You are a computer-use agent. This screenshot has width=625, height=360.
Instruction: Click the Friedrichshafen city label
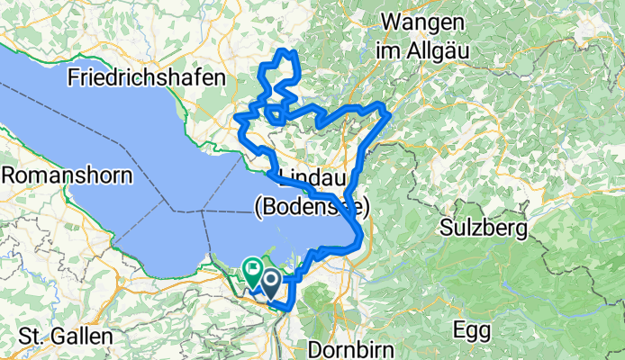pos(146,78)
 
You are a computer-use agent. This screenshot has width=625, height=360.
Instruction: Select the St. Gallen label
pos(68,337)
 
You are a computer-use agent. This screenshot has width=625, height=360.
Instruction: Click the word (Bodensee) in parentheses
pos(312,207)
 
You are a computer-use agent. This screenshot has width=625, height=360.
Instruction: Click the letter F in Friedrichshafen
pos(73,78)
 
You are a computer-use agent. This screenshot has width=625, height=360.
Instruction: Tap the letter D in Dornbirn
pos(315,347)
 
